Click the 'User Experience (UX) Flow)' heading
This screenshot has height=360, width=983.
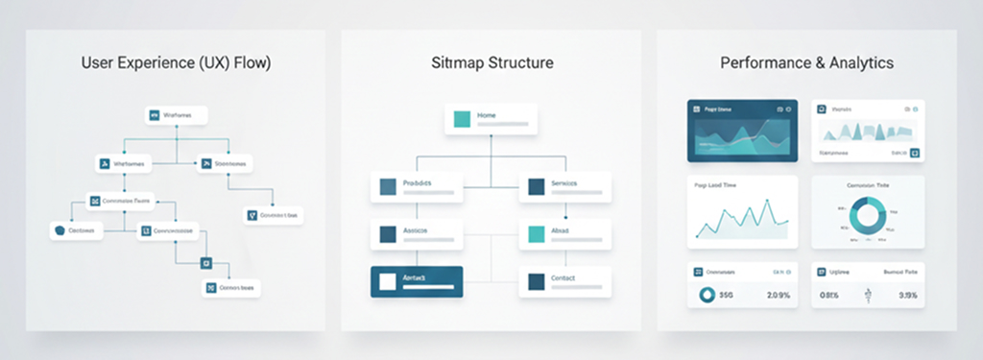[177, 63]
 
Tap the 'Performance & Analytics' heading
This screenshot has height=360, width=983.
[806, 63]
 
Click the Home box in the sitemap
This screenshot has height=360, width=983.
[491, 119]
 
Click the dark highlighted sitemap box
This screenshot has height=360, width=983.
[417, 281]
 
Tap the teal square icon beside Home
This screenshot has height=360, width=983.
[462, 119]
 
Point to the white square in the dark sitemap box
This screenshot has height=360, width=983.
[387, 281]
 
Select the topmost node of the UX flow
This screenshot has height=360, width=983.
[177, 115]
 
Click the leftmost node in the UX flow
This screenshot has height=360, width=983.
[76, 230]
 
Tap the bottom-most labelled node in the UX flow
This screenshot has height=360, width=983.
[231, 287]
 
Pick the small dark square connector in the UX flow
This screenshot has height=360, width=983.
[204, 263]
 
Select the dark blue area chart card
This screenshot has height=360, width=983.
[741, 130]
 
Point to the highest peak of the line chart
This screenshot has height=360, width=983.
[767, 204]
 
